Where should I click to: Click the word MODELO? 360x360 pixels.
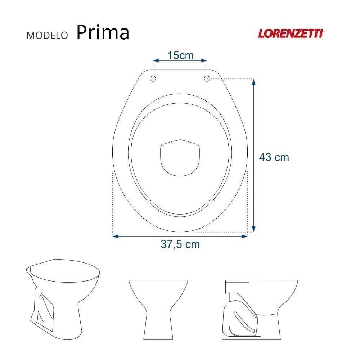[x=47, y=35]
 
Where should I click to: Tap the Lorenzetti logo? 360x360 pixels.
[x=291, y=33]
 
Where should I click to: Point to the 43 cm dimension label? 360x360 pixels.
[x=274, y=157]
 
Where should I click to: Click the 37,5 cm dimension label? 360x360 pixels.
[x=180, y=244]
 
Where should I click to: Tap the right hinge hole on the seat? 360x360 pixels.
[x=207, y=78]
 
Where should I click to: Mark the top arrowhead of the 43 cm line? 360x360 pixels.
[x=254, y=82]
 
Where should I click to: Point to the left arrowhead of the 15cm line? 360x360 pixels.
[x=156, y=60]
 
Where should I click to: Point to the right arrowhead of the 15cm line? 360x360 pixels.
[x=204, y=60]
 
